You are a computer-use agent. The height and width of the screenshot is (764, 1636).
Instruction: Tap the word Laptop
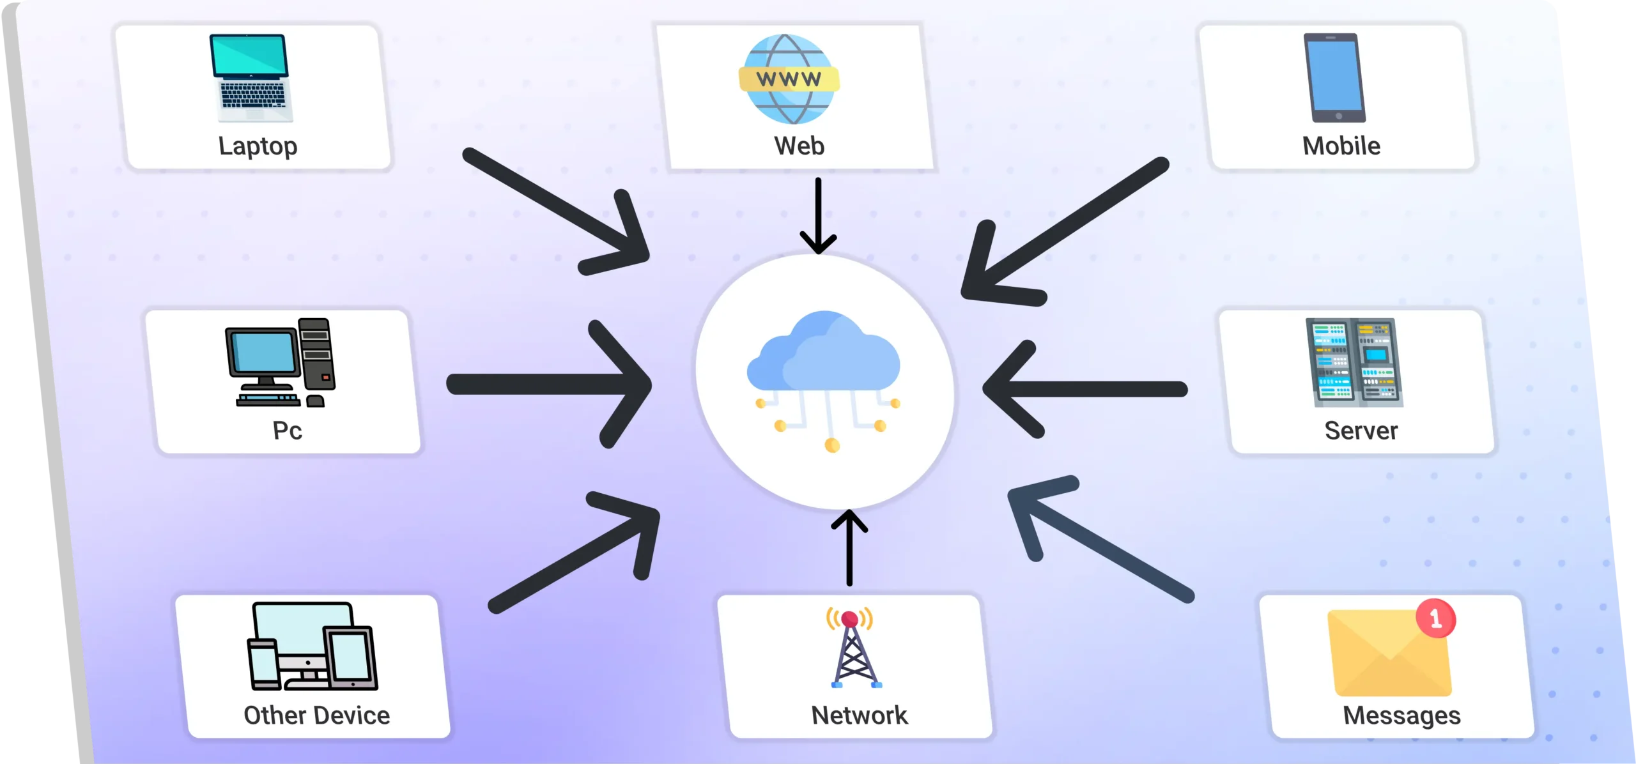pos(258,146)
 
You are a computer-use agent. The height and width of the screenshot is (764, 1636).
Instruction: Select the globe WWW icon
pos(789,79)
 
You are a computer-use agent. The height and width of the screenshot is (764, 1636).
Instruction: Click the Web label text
pos(799,146)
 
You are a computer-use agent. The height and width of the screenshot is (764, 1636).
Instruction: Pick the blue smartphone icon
pos(1334,77)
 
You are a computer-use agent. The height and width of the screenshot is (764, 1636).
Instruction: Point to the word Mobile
pos(1341,146)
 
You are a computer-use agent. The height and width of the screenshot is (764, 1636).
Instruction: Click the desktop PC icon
pos(281,362)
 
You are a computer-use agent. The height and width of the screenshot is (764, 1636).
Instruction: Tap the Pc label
pos(287,431)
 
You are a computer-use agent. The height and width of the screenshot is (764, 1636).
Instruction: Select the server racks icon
pos(1354,362)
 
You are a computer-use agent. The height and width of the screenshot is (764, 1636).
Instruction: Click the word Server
pos(1361,431)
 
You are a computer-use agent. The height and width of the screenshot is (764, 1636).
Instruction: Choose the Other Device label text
pos(316,715)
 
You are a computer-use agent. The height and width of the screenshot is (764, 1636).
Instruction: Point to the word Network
pos(859,715)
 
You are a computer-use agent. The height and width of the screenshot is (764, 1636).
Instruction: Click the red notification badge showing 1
pos(1435,618)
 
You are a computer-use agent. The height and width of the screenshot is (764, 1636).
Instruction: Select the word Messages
pos(1401,715)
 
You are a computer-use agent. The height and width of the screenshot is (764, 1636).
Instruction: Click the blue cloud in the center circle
pos(824,353)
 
